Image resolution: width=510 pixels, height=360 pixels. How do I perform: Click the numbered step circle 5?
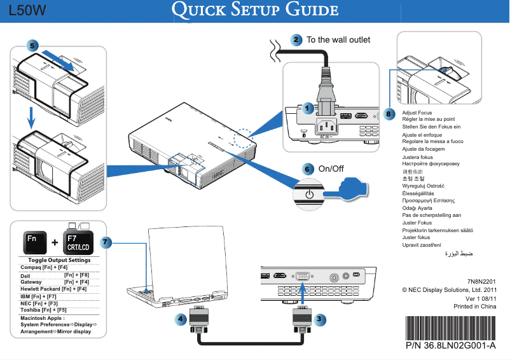click(x=32, y=45)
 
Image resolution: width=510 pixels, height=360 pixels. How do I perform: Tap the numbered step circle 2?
click(x=296, y=39)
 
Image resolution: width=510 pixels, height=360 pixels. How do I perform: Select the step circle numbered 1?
click(x=307, y=109)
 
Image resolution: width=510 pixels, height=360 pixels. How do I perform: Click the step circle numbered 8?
click(x=390, y=114)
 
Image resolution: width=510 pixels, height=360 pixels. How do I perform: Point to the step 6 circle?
click(x=307, y=169)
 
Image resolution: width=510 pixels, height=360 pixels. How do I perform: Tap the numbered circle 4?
click(x=181, y=317)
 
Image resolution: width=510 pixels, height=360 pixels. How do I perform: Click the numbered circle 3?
click(x=320, y=317)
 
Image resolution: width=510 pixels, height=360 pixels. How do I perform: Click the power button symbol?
click(x=309, y=193)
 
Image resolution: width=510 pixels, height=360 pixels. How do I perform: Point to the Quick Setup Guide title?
click(x=256, y=11)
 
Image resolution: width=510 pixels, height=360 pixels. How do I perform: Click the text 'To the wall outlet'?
click(x=338, y=40)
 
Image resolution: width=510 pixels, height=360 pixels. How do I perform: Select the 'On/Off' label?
click(x=331, y=169)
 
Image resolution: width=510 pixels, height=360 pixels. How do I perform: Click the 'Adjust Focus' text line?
click(x=417, y=113)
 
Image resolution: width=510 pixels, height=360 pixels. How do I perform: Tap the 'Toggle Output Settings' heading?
click(x=59, y=260)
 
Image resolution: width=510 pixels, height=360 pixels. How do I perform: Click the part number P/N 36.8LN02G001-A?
click(x=450, y=346)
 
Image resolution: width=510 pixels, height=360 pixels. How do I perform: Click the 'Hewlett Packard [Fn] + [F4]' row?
click(x=53, y=289)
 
